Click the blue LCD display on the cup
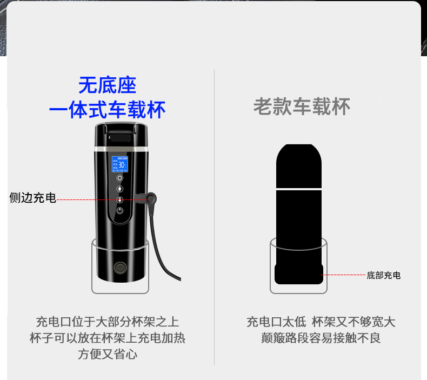coord(119,163)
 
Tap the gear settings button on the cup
coord(119,178)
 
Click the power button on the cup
coord(119,210)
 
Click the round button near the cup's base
coord(118,268)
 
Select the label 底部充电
coord(384,275)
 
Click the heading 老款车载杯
coord(302,106)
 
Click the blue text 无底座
coord(107,85)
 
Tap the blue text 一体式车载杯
coord(107,110)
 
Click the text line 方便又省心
coord(107,355)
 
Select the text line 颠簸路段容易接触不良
coord(321,338)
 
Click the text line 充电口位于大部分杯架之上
coord(107,323)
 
